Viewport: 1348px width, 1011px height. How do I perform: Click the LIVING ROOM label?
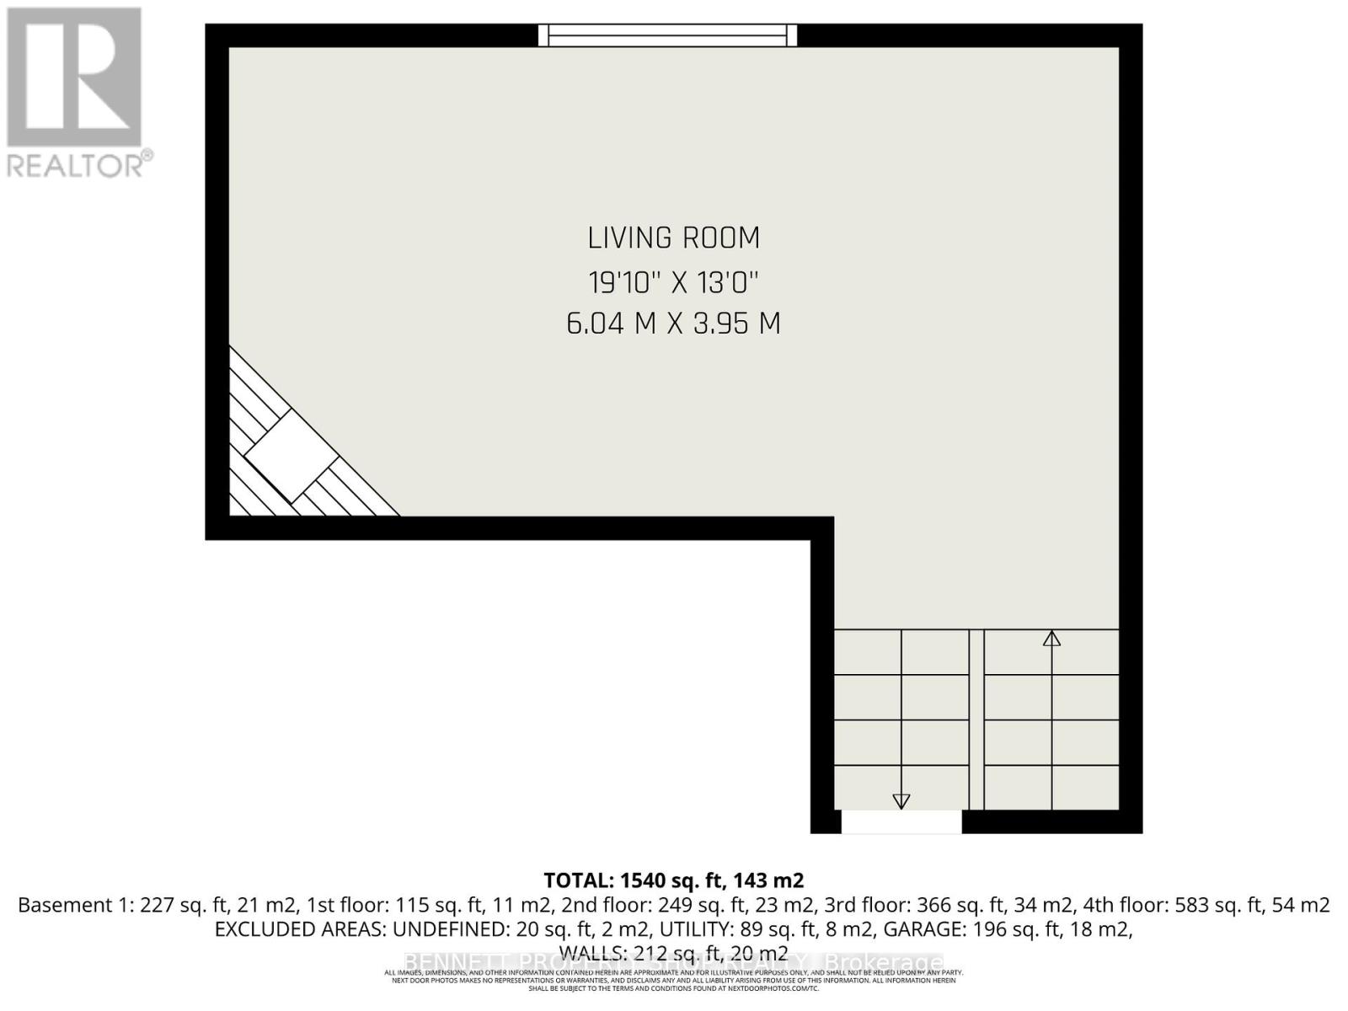673,238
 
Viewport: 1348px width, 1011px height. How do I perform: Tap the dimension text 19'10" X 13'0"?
673,281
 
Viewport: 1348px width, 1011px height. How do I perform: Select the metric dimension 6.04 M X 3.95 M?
673,324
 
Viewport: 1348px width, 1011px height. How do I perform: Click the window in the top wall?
667,35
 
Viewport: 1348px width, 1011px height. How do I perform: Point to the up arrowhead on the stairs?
1051,639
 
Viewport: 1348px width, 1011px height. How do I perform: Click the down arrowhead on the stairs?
901,800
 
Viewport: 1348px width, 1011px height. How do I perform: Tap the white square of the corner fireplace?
292,456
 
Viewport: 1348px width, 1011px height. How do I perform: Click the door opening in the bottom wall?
901,821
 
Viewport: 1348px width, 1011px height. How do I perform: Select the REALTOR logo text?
80,164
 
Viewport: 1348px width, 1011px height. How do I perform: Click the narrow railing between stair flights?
976,720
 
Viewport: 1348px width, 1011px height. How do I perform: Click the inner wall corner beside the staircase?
822,528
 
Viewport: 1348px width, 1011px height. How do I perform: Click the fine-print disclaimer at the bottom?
673,980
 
